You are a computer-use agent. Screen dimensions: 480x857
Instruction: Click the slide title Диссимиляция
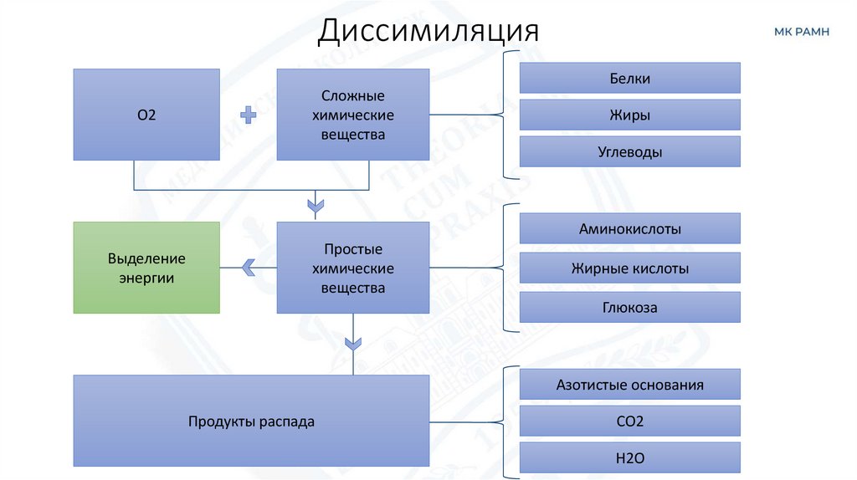(x=428, y=31)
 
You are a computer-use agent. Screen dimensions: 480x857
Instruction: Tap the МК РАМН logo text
(x=802, y=32)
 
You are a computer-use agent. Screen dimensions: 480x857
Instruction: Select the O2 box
(x=146, y=115)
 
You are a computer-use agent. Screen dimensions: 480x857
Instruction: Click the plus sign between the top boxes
(x=248, y=115)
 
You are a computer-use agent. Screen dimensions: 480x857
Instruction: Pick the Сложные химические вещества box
(x=352, y=115)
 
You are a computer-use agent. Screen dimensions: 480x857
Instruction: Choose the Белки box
(x=629, y=79)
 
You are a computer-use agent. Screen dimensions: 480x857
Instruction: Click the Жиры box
(x=629, y=115)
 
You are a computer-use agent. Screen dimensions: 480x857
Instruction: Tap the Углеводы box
(x=629, y=152)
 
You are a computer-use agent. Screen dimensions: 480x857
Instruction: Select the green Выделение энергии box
(x=146, y=268)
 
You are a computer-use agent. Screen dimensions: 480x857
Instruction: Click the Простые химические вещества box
(x=352, y=268)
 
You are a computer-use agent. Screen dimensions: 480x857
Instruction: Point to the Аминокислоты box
(x=629, y=228)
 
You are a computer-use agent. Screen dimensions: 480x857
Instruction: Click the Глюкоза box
(x=629, y=307)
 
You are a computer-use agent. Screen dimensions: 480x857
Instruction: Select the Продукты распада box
(x=251, y=421)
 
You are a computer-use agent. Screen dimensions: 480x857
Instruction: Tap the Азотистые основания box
(x=629, y=385)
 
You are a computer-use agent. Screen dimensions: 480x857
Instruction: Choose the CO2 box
(x=629, y=421)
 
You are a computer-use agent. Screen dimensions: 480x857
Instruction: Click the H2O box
(x=629, y=457)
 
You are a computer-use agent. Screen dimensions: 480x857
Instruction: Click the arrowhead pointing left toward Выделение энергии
(x=248, y=268)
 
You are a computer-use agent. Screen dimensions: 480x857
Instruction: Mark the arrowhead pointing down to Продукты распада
(x=353, y=343)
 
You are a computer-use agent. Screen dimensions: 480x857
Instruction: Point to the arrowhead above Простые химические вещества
(x=316, y=204)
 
